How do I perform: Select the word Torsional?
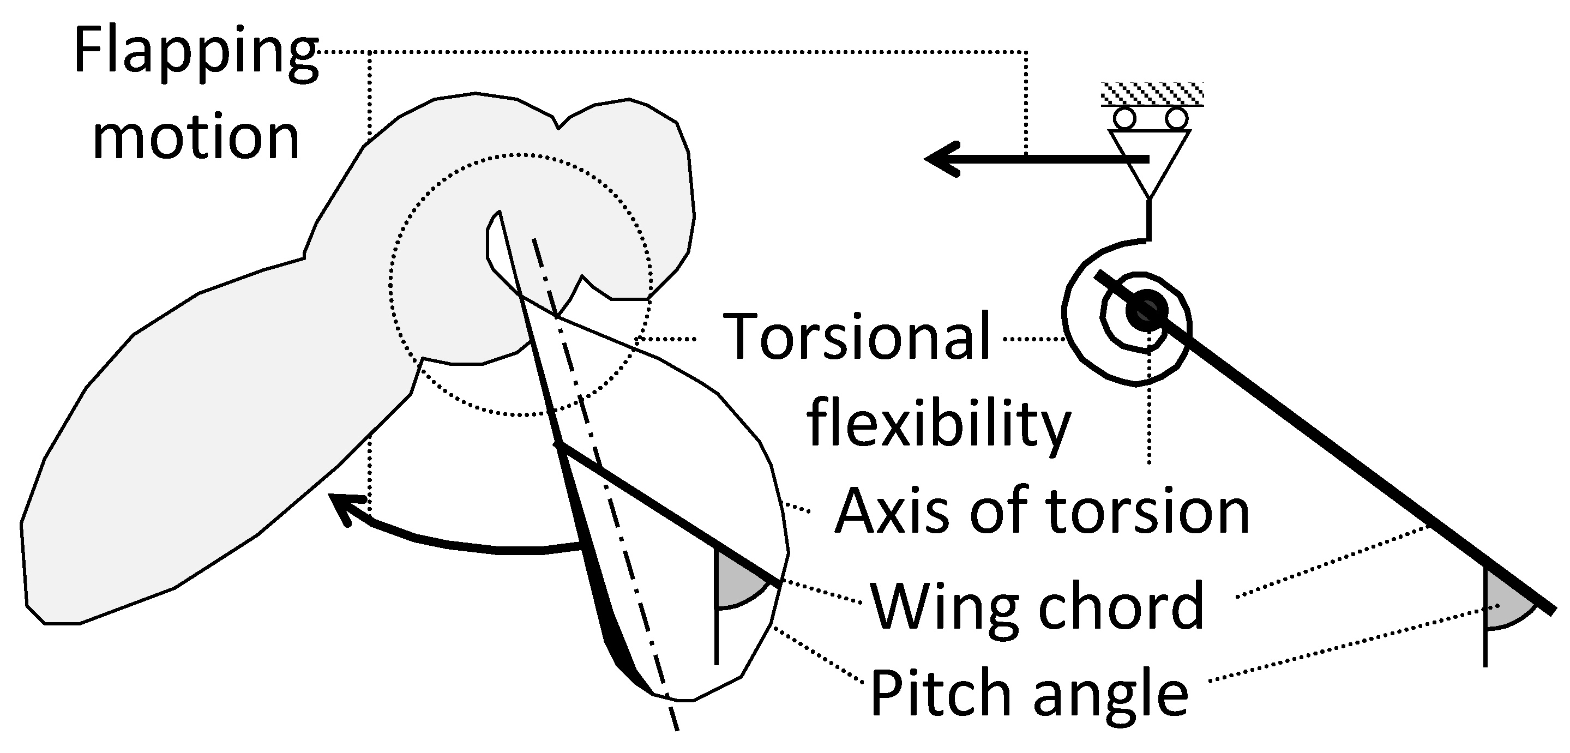click(856, 336)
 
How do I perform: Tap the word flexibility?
click(939, 424)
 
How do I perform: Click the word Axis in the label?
click(895, 510)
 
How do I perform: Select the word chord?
click(1121, 606)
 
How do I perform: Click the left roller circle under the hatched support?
click(1125, 118)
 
